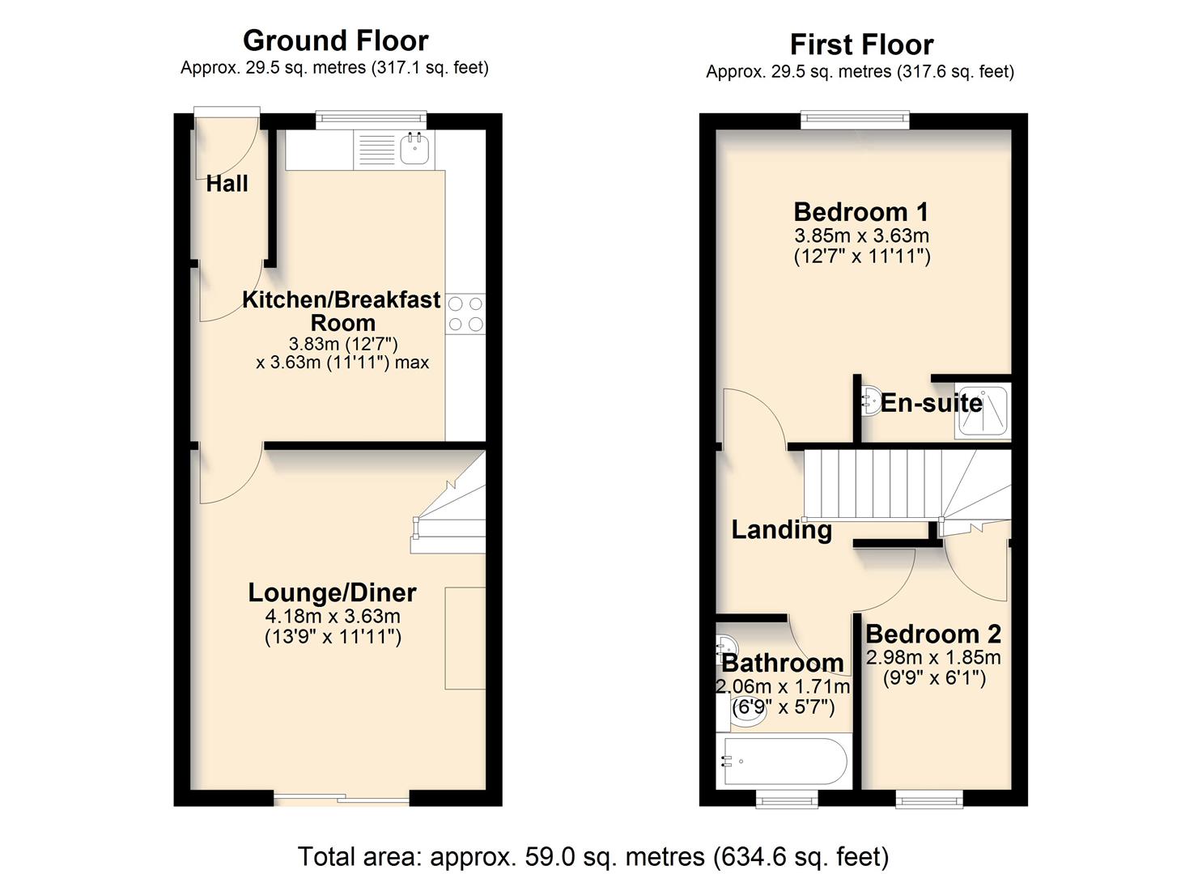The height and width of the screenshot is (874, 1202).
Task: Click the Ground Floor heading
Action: (x=335, y=40)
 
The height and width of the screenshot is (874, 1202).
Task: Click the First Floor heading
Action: (x=861, y=45)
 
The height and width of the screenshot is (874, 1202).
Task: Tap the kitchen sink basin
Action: (x=415, y=149)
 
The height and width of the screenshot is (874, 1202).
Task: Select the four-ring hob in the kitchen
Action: (x=465, y=314)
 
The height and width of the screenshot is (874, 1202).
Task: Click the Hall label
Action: (x=227, y=184)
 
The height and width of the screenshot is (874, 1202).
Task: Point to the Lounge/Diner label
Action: (x=332, y=592)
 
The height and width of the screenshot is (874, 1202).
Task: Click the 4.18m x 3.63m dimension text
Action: (x=333, y=616)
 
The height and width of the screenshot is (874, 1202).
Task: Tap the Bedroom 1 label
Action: (x=860, y=212)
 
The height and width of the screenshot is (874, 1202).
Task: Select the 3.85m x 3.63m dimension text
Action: (x=861, y=236)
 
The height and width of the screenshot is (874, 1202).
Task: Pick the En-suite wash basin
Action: (x=870, y=401)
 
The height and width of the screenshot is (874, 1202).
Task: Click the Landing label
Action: (x=781, y=530)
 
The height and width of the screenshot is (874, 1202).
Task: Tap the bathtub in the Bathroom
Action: (x=783, y=762)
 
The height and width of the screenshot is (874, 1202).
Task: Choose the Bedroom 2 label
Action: (x=933, y=634)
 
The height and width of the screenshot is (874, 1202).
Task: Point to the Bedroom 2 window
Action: (x=929, y=800)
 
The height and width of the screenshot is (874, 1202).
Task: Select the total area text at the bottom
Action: (x=593, y=856)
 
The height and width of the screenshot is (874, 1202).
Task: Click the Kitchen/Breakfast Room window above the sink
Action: (x=371, y=120)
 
